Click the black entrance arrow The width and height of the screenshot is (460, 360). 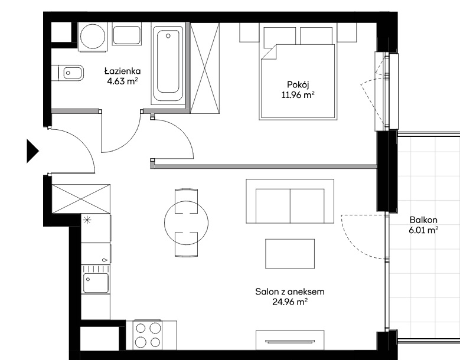point(32,151)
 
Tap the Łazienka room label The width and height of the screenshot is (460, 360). point(123,71)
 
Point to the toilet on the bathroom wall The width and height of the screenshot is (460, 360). point(68,73)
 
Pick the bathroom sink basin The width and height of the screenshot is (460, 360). point(127,35)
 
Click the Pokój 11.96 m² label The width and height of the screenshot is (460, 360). point(298,90)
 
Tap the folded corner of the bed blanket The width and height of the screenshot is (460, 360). point(269,52)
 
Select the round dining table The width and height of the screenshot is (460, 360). point(186,223)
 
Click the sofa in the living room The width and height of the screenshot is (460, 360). point(290,201)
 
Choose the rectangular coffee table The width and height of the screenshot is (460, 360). point(290,254)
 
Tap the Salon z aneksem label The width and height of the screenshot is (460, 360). point(290,292)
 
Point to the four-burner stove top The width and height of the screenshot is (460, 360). point(148,335)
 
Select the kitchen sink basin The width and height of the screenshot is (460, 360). point(96,283)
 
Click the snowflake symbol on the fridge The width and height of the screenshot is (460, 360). point(87,220)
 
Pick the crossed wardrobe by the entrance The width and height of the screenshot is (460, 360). point(81,199)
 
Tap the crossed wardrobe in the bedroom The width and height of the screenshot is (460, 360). point(205,68)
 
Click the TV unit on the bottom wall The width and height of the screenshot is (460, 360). point(290,340)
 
